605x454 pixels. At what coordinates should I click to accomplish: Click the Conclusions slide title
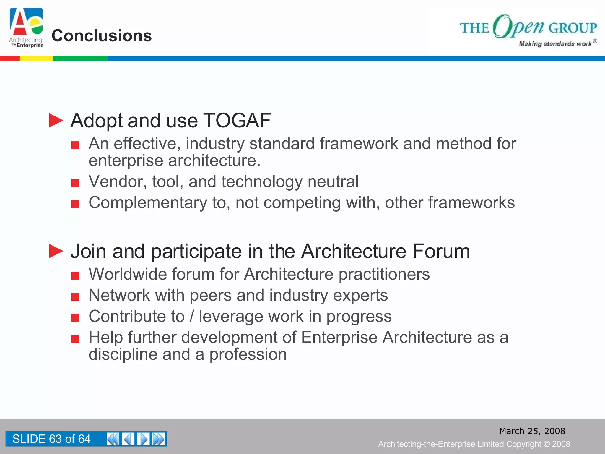102,36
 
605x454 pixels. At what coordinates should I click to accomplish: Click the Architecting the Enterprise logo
26,28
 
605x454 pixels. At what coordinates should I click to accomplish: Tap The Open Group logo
528,27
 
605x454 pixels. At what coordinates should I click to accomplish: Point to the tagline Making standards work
555,44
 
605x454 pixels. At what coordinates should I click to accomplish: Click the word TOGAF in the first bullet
237,121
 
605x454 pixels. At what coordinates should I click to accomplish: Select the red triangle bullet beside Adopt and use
56,121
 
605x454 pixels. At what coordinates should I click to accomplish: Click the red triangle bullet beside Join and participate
56,251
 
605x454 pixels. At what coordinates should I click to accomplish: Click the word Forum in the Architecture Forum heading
441,251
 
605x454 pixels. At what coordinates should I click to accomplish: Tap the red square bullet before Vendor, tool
75,183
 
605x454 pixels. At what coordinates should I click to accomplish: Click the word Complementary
148,203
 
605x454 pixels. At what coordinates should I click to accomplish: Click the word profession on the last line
248,354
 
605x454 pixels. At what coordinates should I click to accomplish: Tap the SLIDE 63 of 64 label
51,439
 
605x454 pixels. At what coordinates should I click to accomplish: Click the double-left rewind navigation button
113,439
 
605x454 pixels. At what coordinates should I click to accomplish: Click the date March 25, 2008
532,431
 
